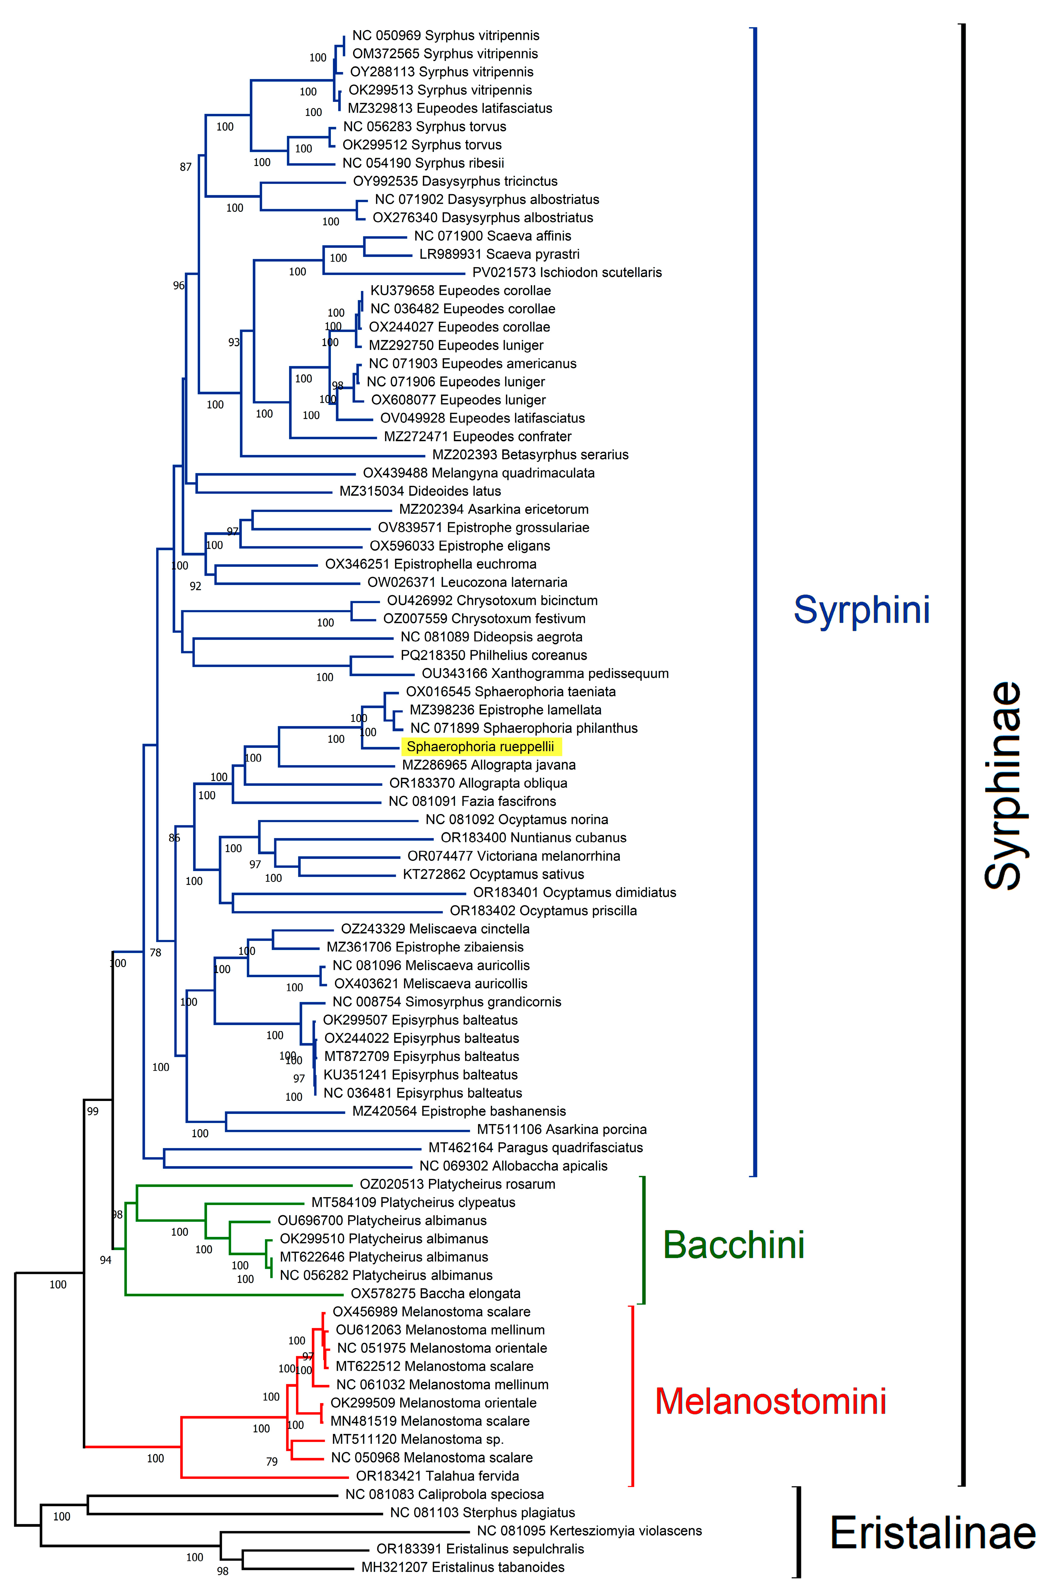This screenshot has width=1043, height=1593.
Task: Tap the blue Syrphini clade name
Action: click(862, 610)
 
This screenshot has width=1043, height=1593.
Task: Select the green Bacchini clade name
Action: click(734, 1245)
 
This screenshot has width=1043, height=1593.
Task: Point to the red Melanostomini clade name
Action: click(771, 1401)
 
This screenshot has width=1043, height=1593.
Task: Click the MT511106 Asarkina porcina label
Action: click(562, 1129)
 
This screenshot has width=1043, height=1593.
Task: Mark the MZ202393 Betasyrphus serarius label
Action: click(530, 454)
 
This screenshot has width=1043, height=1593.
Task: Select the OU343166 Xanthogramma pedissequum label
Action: click(545, 673)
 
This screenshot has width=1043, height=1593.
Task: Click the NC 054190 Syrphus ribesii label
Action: click(423, 163)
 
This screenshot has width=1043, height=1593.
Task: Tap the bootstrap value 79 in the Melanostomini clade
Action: click(272, 1461)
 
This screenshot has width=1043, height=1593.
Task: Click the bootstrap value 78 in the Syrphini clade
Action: click(155, 952)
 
